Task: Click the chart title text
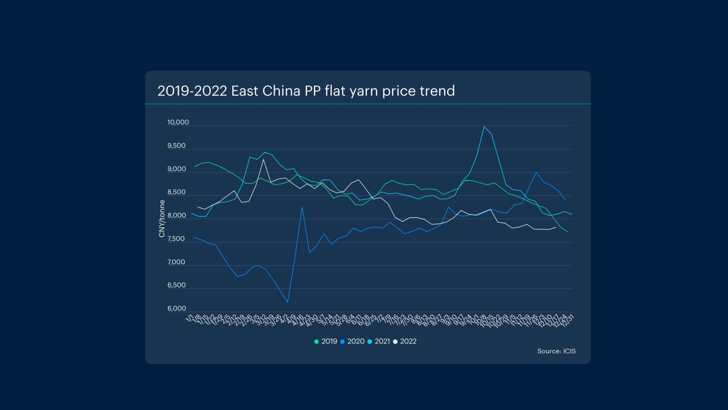coord(306,91)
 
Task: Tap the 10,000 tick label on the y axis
coord(178,122)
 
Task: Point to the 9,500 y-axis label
coord(176,145)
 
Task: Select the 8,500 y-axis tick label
coord(176,192)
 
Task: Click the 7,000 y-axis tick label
coord(176,262)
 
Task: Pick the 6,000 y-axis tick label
coord(176,308)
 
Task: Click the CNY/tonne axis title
coord(162,219)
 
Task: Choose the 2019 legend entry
coord(326,341)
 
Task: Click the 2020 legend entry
coord(352,341)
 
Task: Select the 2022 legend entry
coord(405,341)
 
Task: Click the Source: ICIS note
coord(556,351)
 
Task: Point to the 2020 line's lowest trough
coord(288,302)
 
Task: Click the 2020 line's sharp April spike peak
coord(302,207)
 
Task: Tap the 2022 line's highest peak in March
coord(263,160)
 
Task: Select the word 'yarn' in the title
coord(364,91)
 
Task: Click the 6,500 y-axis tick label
coord(176,285)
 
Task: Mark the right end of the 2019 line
coord(567,232)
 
